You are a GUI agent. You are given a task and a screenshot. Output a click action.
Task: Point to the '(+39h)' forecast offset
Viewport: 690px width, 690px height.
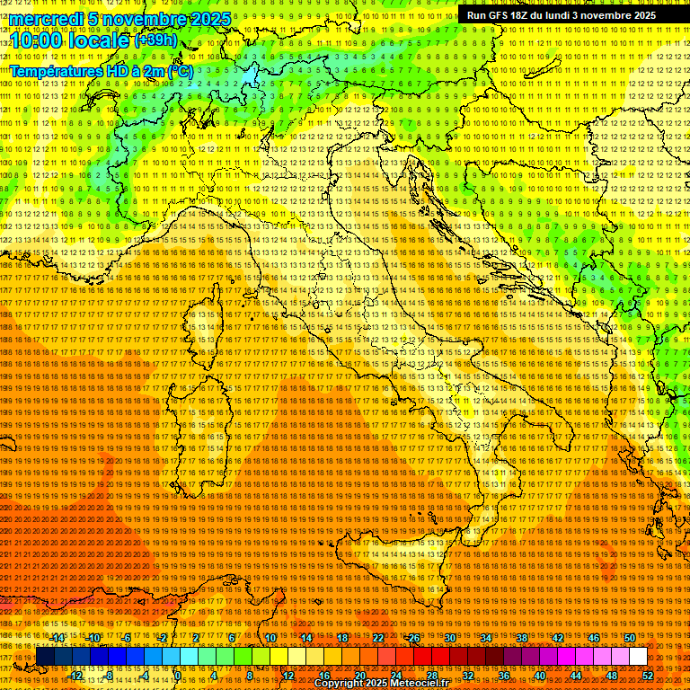(155, 40)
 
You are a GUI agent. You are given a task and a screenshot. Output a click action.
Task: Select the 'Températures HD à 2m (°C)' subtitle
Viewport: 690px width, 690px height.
(101, 70)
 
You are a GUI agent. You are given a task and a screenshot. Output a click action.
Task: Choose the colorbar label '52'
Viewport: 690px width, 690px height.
(648, 676)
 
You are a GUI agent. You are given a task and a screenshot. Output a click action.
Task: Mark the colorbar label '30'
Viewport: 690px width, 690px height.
(449, 638)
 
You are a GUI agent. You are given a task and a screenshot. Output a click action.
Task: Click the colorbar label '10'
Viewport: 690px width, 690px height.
(270, 638)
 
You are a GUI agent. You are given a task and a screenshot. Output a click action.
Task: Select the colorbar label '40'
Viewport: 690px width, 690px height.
(540, 676)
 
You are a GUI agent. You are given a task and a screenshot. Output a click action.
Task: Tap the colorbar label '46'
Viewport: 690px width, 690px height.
(594, 638)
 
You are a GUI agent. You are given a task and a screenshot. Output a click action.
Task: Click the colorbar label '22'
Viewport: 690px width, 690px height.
(377, 638)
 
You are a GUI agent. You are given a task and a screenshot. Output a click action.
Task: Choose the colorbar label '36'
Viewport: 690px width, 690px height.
(504, 676)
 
